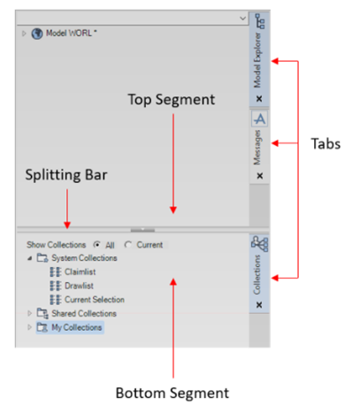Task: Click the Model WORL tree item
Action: click(x=71, y=33)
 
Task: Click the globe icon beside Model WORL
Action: click(x=37, y=34)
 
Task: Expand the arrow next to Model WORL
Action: click(x=24, y=34)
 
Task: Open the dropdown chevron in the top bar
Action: click(x=242, y=19)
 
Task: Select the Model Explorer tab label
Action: click(x=257, y=60)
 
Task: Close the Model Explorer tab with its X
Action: click(x=259, y=98)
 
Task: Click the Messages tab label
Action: click(x=257, y=147)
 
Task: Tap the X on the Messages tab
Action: click(x=260, y=176)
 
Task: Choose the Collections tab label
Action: click(x=257, y=274)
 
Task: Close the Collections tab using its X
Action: click(x=259, y=304)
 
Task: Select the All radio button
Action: click(x=96, y=244)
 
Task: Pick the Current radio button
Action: click(x=128, y=244)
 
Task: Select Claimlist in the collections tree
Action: click(x=80, y=272)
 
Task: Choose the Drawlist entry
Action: click(x=79, y=286)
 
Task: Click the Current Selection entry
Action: click(x=95, y=299)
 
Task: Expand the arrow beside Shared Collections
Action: click(x=29, y=313)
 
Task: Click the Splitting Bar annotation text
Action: click(x=66, y=175)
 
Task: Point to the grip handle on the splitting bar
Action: click(x=142, y=230)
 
